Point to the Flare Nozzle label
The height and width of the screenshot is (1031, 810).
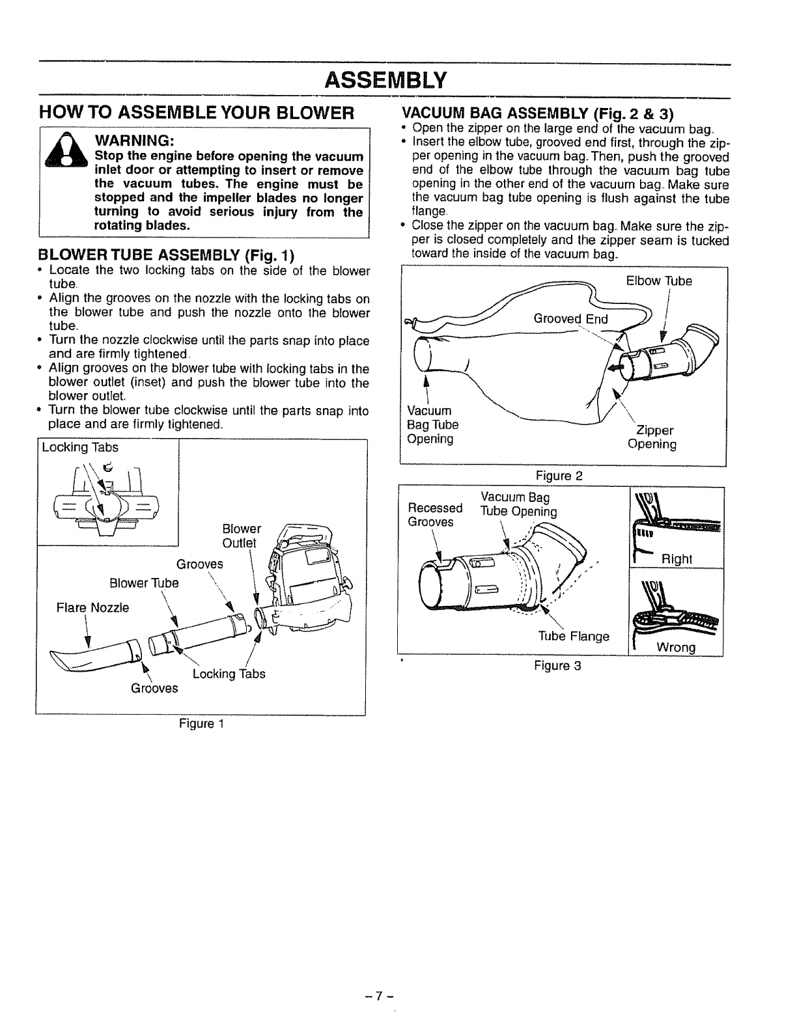click(x=92, y=607)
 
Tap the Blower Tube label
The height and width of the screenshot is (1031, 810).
click(x=144, y=583)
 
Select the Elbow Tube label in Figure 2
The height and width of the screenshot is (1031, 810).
click(x=659, y=281)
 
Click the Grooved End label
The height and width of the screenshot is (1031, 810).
click(x=570, y=319)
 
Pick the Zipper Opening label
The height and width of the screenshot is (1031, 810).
click(x=652, y=437)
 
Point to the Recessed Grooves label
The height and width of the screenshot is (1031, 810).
click(x=434, y=515)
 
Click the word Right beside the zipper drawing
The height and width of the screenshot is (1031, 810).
click(x=677, y=559)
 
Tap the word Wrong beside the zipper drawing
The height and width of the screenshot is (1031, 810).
click(x=677, y=648)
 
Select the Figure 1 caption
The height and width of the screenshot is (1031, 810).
click(x=201, y=723)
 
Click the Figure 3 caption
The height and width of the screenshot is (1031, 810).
click(x=557, y=666)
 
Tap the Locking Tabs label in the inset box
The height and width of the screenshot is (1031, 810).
click(x=80, y=448)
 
